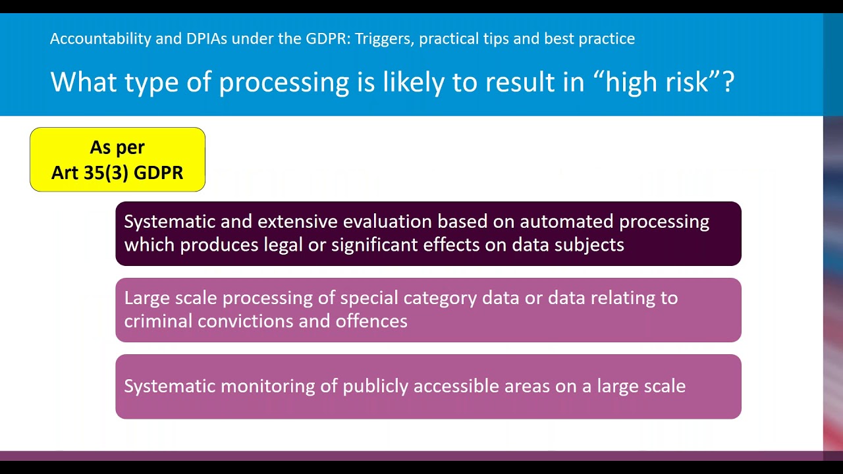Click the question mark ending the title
pos(728,82)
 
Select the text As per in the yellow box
pos(117,147)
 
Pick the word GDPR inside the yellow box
pos(160,173)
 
